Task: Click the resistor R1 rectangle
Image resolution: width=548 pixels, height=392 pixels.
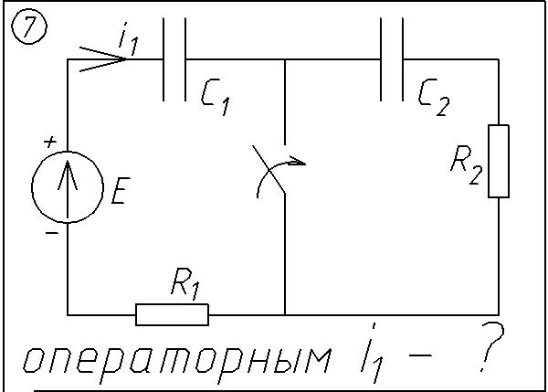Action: click(x=172, y=315)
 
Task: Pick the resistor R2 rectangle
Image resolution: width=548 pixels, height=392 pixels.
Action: click(x=498, y=161)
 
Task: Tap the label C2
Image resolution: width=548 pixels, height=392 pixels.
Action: click(x=433, y=95)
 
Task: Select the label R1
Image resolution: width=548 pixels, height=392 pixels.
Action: click(x=184, y=287)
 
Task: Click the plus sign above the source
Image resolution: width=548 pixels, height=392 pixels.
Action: click(x=50, y=143)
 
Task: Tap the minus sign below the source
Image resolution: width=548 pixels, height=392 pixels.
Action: click(x=51, y=233)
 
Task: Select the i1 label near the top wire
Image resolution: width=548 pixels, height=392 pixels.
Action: click(x=128, y=40)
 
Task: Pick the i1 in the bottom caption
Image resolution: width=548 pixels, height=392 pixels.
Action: click(x=373, y=360)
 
